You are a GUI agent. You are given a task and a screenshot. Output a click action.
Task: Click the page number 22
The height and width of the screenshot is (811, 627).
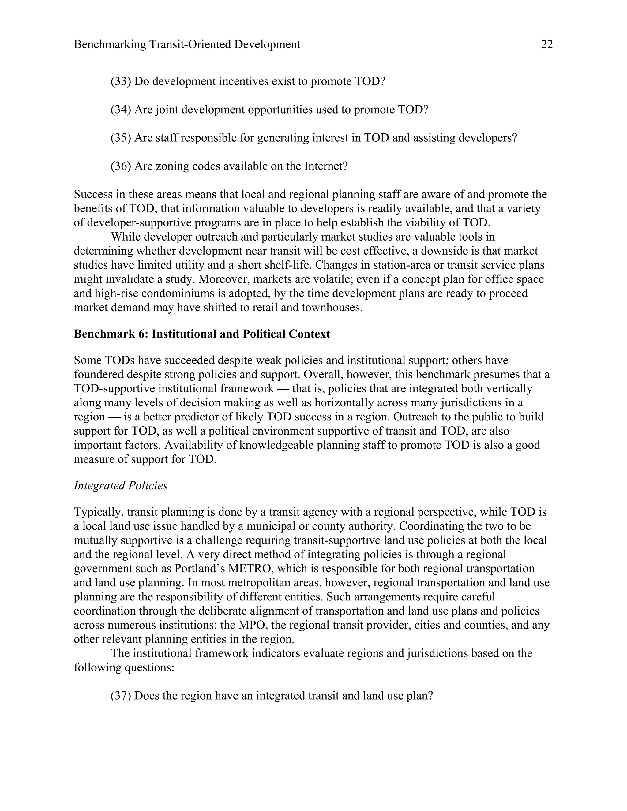click(547, 45)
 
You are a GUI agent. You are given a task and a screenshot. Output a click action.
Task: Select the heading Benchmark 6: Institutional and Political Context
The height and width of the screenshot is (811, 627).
click(202, 334)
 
